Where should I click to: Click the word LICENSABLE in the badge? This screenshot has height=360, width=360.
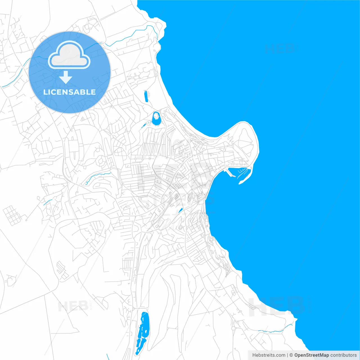69,92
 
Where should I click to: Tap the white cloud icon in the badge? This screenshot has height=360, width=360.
69,55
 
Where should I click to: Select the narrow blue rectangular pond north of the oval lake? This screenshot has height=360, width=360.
146,96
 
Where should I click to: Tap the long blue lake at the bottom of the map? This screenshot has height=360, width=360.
143,333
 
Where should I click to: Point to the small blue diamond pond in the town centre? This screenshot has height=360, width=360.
180,210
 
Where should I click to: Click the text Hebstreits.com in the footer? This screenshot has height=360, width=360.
269,355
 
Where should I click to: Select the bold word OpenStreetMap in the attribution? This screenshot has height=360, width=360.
311,355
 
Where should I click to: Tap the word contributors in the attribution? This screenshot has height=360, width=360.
343,355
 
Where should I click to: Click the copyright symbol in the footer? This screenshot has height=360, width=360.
291,355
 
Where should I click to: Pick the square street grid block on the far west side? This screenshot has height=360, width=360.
12,215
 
